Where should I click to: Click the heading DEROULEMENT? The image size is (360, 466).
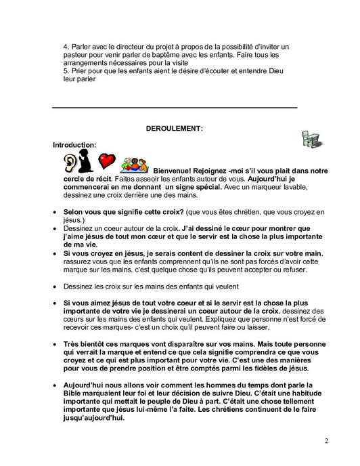[175, 128]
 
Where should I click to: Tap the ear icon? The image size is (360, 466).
[70, 162]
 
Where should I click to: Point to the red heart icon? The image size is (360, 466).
[106, 161]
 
